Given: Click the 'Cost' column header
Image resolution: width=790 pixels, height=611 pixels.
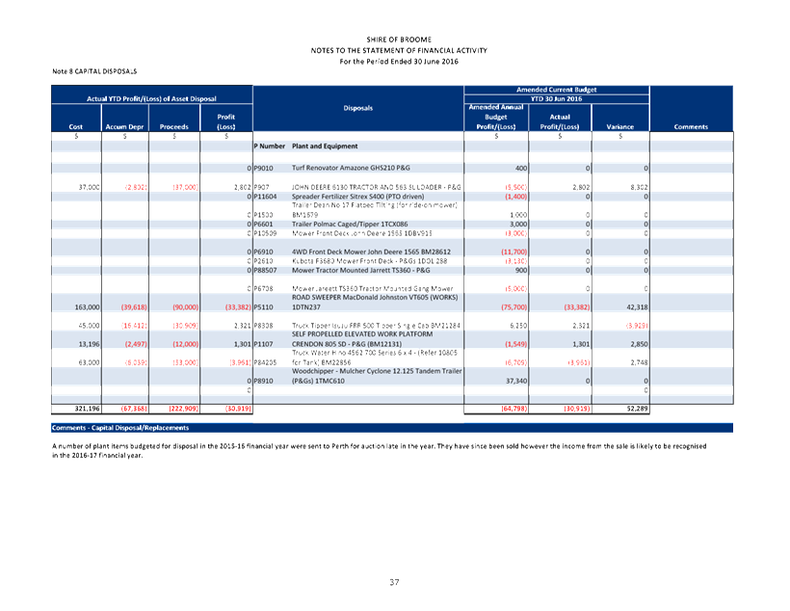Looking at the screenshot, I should [76, 126].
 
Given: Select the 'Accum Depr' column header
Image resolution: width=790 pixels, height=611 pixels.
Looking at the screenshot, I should [124, 126].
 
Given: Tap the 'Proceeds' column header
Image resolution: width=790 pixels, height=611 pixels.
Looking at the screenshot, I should [174, 126].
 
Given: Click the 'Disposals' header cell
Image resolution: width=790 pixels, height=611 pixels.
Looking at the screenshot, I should [357, 108].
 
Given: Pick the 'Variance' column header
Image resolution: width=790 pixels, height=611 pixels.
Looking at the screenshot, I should [620, 126].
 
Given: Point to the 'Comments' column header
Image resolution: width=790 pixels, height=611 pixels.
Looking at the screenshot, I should [691, 126].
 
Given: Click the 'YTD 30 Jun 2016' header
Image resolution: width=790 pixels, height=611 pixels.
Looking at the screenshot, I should [557, 98].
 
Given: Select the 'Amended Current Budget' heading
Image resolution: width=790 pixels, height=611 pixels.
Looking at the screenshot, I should [557, 90].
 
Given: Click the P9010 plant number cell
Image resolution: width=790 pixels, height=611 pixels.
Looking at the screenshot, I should [264, 169].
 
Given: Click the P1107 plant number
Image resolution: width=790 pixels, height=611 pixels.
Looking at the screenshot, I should [263, 343].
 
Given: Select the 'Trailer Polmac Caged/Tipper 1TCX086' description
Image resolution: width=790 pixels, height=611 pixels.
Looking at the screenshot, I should [348, 224].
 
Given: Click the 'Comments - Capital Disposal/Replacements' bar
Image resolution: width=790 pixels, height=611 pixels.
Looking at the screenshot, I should [119, 427].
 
